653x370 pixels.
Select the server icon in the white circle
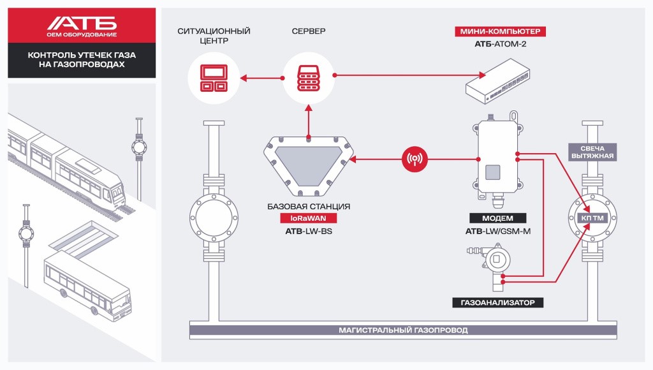(309, 77)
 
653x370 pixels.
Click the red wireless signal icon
(415, 159)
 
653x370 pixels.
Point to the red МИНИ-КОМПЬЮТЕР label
(501, 31)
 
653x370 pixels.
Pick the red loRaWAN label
(309, 219)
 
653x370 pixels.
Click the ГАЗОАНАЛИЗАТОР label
(498, 302)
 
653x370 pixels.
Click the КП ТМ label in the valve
(591, 218)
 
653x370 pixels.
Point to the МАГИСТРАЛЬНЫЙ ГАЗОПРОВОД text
(402, 330)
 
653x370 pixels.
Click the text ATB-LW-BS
(309, 232)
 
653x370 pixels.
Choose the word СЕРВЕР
(309, 31)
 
